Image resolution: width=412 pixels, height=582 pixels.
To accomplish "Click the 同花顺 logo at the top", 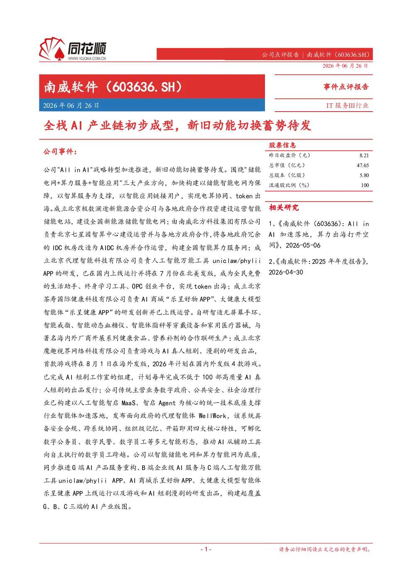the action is click(x=73, y=49).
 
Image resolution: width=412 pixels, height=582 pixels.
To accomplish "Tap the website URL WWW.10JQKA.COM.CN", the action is click(x=87, y=58).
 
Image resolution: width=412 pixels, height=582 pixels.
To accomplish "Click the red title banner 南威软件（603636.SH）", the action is click(x=152, y=87).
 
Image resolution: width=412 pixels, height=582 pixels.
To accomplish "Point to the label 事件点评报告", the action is click(x=346, y=87).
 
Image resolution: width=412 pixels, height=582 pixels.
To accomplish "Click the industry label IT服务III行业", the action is click(x=347, y=105).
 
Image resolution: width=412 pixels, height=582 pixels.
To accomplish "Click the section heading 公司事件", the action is click(x=60, y=151).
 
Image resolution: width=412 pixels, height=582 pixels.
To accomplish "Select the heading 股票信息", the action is click(x=282, y=145).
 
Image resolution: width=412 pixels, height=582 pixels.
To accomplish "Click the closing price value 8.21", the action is click(x=364, y=156).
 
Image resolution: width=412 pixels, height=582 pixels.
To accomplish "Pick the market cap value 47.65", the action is click(x=363, y=165).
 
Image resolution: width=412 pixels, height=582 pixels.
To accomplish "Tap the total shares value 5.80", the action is click(x=364, y=175).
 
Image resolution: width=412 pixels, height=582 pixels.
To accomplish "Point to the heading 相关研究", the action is click(x=284, y=207).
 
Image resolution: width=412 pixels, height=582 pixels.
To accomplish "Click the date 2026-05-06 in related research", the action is click(x=303, y=245).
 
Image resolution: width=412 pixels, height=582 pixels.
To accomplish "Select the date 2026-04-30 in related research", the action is click(x=286, y=272).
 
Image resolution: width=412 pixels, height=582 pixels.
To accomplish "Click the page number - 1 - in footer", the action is click(x=206, y=549).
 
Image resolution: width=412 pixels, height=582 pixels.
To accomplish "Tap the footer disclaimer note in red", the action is click(x=325, y=549).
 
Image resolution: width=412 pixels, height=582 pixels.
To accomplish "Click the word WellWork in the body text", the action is click(x=213, y=416).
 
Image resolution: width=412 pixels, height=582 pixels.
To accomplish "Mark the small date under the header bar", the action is click(x=345, y=66).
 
